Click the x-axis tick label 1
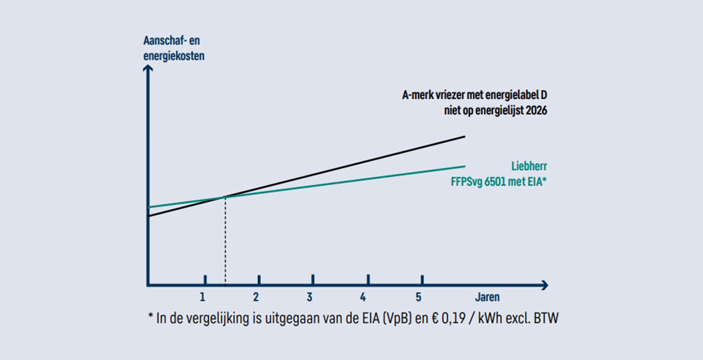[202, 297]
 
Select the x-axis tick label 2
[256, 297]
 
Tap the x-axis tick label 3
[310, 297]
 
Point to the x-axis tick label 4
[364, 297]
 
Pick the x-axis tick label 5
[418, 297]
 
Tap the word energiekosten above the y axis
[174, 56]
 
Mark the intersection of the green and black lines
[225, 196]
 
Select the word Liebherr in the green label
[529, 166]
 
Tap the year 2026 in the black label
[535, 111]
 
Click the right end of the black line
[465, 136]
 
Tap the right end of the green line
[465, 166]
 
